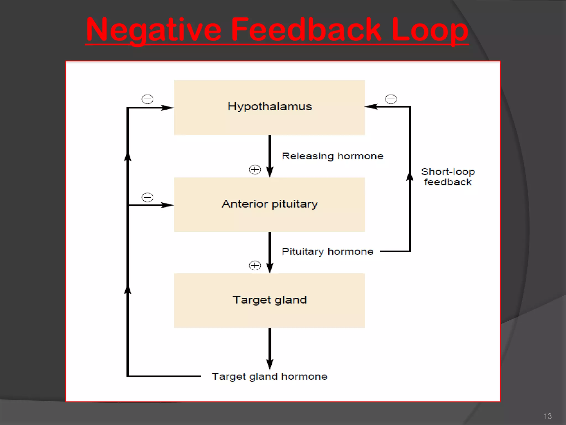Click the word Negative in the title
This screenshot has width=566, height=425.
point(154,30)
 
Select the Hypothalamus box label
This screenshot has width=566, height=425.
point(270,107)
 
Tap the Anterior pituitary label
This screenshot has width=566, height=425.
point(270,204)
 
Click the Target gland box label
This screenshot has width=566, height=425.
point(270,300)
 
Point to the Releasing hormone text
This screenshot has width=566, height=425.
point(332,156)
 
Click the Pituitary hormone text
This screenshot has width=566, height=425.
point(327,252)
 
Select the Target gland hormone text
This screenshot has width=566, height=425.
point(269,377)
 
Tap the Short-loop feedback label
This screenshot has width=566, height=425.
point(448,177)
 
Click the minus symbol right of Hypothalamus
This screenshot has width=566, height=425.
point(391,99)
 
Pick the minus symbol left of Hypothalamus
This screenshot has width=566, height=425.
point(147,99)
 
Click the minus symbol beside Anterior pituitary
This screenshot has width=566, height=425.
point(147,197)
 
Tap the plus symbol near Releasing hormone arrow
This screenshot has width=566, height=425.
point(255,170)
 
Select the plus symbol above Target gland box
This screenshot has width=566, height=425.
point(255,266)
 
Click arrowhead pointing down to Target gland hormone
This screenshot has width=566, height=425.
point(270,364)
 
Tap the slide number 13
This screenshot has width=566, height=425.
point(547,416)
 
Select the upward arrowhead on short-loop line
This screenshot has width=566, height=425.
point(410,176)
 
